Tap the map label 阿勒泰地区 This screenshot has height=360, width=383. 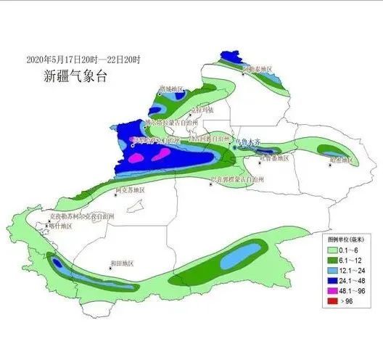click(x=257, y=70)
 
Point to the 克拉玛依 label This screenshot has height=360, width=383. click(x=201, y=110)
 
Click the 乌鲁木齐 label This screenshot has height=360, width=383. click(x=247, y=143)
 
